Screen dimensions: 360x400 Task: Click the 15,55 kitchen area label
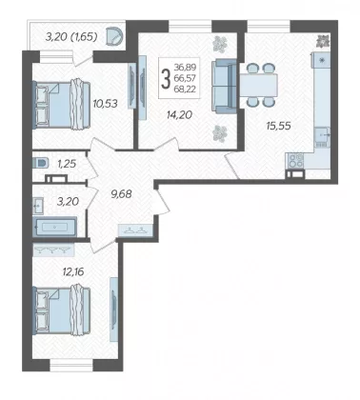[278, 126]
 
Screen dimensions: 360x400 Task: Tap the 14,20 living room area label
[179, 114]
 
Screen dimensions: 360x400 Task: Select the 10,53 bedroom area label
[105, 104]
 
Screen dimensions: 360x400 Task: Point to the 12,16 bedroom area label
[73, 271]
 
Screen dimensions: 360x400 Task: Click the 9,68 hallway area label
[121, 193]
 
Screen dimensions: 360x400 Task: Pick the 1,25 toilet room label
[67, 164]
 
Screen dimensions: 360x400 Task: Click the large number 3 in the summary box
[166, 79]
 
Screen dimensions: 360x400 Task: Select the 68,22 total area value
[185, 90]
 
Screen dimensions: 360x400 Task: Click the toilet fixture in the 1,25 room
[40, 163]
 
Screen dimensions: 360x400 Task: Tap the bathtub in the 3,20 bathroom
[54, 227]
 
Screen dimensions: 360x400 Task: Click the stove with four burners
[296, 160]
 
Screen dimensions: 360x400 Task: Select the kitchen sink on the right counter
[322, 135]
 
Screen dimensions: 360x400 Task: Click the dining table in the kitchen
[258, 85]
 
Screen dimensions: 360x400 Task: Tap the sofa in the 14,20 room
[224, 86]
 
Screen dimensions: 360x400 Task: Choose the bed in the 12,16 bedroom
[61, 310]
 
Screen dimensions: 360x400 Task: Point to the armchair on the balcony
[114, 36]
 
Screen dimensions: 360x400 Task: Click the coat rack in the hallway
[135, 230]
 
